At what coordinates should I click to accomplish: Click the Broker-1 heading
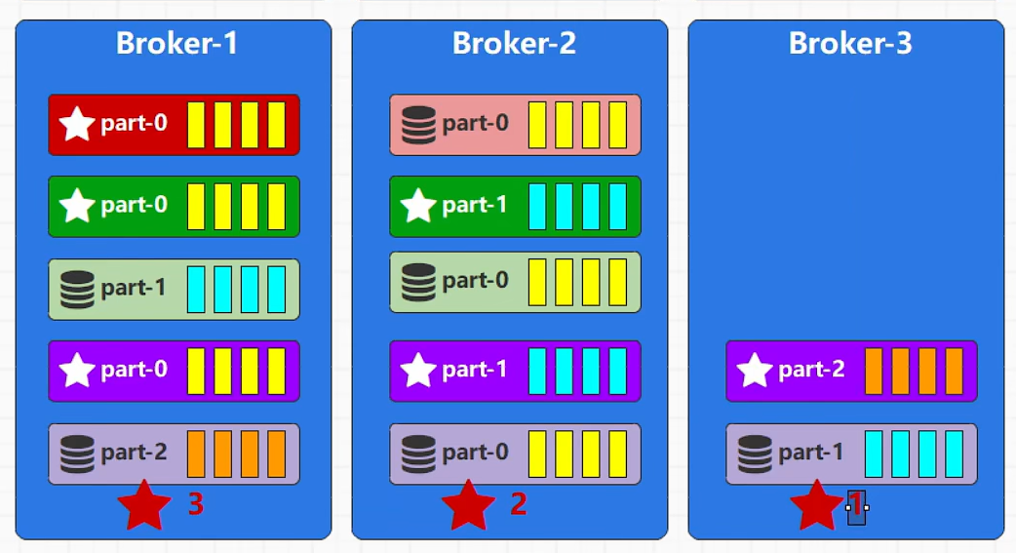coord(176,43)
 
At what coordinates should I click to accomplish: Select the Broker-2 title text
coord(514,43)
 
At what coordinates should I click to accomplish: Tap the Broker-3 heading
coord(850,43)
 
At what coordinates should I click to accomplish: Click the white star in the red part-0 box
coord(77,125)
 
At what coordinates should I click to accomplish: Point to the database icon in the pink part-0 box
coord(418,125)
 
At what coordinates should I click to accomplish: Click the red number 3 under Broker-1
coord(195,504)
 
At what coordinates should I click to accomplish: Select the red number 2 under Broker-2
coord(519,504)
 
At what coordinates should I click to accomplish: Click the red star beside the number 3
coord(143,505)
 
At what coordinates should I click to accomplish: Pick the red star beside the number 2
coord(468,505)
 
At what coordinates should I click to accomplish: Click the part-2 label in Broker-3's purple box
coord(811,370)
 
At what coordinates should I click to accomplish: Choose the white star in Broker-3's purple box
coord(755,371)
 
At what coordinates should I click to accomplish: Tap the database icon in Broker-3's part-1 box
coord(755,454)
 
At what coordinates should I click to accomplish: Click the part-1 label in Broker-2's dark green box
coord(475,206)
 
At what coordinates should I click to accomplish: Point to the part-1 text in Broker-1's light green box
coord(134,289)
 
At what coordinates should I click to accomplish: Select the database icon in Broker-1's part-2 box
coord(77,454)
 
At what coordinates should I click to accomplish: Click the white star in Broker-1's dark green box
coord(77,206)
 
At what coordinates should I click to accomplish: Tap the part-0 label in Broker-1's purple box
coord(134,370)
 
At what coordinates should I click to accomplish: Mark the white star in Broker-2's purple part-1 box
coord(418,371)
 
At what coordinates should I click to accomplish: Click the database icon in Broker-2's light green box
coord(418,281)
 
